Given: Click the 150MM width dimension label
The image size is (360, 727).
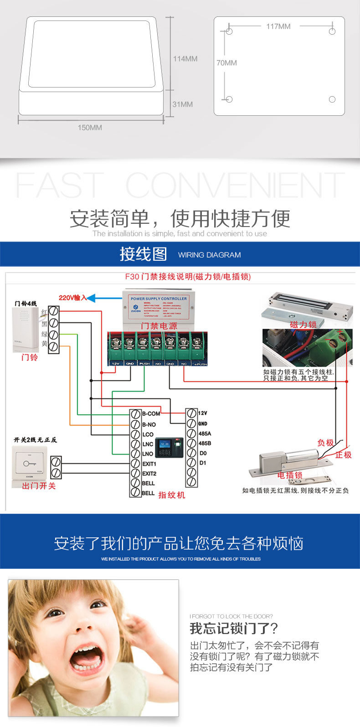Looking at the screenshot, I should pyautogui.click(x=90, y=128).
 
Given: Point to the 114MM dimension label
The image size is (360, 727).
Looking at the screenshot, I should pyautogui.click(x=185, y=59).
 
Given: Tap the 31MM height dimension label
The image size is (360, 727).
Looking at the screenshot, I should pyautogui.click(x=182, y=104).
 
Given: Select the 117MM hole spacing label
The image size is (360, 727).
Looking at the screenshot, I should pyautogui.click(x=278, y=26).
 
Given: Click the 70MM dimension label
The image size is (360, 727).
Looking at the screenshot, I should pyautogui.click(x=226, y=63).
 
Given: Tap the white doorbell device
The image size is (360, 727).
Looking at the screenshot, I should pyautogui.click(x=25, y=330).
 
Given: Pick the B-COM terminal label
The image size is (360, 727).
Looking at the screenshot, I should pyautogui.click(x=151, y=414).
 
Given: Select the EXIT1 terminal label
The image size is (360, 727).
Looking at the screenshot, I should pyautogui.click(x=149, y=464).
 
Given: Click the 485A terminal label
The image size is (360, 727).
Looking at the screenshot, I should pyautogui.click(x=205, y=434).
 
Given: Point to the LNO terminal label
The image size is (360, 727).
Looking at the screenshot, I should pyautogui.click(x=148, y=454).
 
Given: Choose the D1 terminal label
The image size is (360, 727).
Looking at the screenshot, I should pyautogui.click(x=203, y=463).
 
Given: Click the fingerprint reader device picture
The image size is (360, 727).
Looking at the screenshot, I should pyautogui.click(x=170, y=448).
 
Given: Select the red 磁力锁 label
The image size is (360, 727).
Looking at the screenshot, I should pyautogui.click(x=303, y=325).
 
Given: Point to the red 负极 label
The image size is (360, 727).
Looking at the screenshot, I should pyautogui.click(x=325, y=443).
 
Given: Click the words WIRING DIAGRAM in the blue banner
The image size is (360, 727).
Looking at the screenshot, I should pyautogui.click(x=209, y=255).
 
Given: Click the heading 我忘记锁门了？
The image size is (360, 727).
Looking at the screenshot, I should pyautogui.click(x=233, y=629).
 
